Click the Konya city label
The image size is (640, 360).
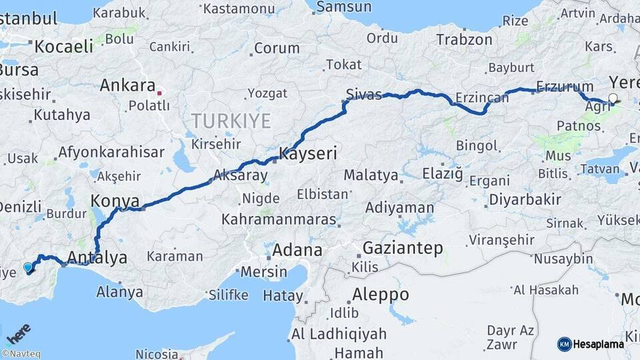click(115, 201)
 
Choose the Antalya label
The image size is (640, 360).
click(97, 257)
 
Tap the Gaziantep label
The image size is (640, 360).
click(403, 249)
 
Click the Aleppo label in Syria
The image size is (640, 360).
click(380, 294)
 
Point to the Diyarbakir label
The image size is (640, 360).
click(525, 199)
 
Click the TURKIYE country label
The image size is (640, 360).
click(231, 121)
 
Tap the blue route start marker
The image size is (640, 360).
click(28, 267)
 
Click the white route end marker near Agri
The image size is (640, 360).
click(613, 99)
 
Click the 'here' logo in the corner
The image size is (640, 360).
click(17, 332)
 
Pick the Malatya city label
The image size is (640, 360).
click(371, 176)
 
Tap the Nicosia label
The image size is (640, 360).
click(157, 354)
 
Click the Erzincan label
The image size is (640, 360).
click(481, 98)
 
